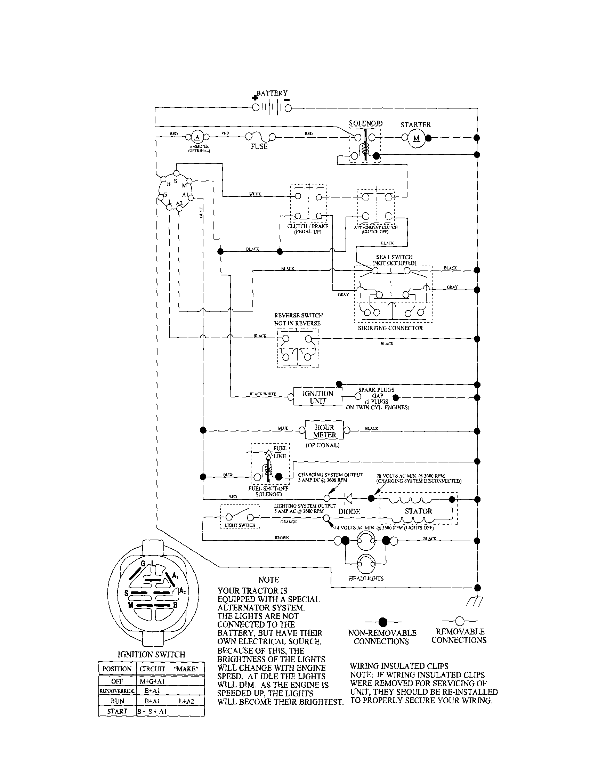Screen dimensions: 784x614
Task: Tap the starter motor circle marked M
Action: (416, 138)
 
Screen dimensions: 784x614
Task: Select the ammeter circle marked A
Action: (197, 137)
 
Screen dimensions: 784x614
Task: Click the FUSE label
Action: (259, 146)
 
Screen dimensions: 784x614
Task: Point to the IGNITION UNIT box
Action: (318, 397)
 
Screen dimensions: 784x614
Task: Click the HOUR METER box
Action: (324, 431)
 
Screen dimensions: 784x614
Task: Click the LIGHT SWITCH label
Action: (240, 525)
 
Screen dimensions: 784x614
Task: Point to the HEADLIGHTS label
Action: (366, 579)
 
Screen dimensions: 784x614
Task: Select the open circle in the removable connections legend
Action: (459, 621)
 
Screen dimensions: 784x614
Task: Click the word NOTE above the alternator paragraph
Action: (268, 580)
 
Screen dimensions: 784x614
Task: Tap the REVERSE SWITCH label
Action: (298, 315)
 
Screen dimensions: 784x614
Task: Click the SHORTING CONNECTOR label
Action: (390, 328)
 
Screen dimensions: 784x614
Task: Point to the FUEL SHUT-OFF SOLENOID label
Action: (268, 491)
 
